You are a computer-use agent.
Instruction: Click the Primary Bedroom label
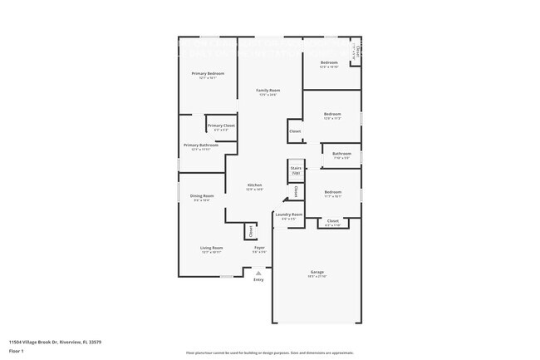tap(208, 73)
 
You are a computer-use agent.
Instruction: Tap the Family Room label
tap(267, 90)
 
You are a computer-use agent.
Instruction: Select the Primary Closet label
tap(221, 126)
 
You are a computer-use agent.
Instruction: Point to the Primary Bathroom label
tap(201, 145)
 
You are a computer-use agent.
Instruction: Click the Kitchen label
tap(254, 185)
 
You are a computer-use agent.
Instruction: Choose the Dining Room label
tap(202, 196)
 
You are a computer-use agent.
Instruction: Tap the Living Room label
tap(211, 248)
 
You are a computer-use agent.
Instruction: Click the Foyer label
tap(259, 248)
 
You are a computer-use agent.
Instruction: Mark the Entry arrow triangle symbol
tap(258, 272)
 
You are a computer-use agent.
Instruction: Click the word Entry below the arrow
tap(258, 280)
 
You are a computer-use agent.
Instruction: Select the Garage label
tap(317, 271)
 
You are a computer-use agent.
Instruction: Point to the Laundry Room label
tap(289, 215)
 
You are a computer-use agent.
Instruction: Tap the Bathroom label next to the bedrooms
tap(341, 153)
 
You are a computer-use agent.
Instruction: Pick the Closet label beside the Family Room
tap(295, 131)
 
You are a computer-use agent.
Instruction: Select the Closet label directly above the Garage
tap(332, 220)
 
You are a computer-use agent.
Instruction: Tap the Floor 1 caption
tap(16, 351)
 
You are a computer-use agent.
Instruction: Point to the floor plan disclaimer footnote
tap(269, 353)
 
